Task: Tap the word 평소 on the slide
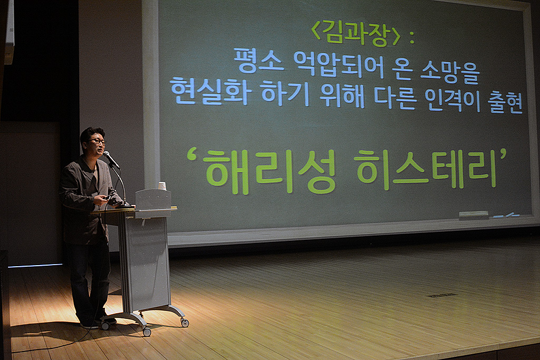tap(259, 61)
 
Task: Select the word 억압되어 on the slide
tap(338, 64)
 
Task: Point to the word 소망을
tap(450, 71)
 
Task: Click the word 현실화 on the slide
tap(209, 91)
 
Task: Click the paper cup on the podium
tap(162, 186)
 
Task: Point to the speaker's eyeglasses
tap(98, 141)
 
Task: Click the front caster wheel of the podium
tap(147, 332)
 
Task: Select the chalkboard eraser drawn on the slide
tap(474, 215)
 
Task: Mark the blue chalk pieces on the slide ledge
tap(506, 216)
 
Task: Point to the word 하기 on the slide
tap(285, 92)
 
